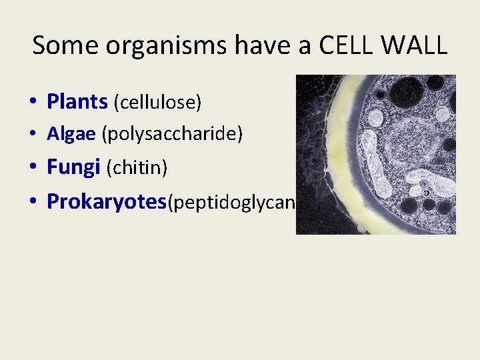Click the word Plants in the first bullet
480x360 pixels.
[77, 102]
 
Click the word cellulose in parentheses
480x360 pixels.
[157, 103]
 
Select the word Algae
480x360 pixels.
[71, 135]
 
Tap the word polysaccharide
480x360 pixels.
[172, 135]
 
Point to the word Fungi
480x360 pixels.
[73, 167]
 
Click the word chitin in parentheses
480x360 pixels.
[137, 168]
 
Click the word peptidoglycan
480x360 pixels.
[231, 203]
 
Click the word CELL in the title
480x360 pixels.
[347, 45]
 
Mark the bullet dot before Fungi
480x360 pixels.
[32, 168]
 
